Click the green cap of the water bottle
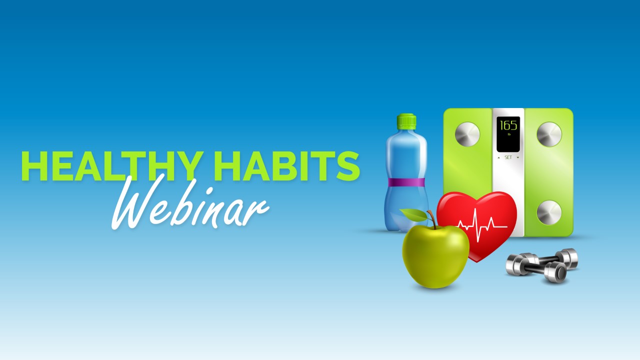406,121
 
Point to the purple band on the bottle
406,182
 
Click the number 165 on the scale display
508,125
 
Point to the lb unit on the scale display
508,134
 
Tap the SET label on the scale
508,157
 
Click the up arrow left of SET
498,157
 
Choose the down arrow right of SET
518,157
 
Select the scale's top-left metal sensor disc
467,134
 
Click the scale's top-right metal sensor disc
549,134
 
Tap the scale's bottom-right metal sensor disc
549,212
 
